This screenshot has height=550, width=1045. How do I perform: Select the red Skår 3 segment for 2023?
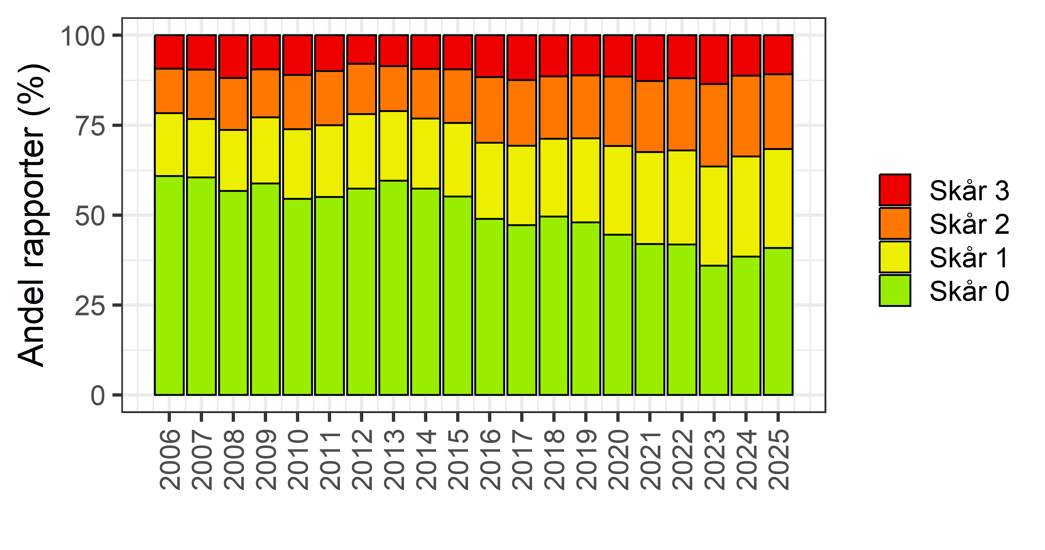714,60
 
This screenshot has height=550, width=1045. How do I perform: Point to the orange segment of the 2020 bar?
618,111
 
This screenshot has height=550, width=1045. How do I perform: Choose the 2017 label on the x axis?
522,460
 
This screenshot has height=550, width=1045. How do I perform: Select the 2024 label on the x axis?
746,460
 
